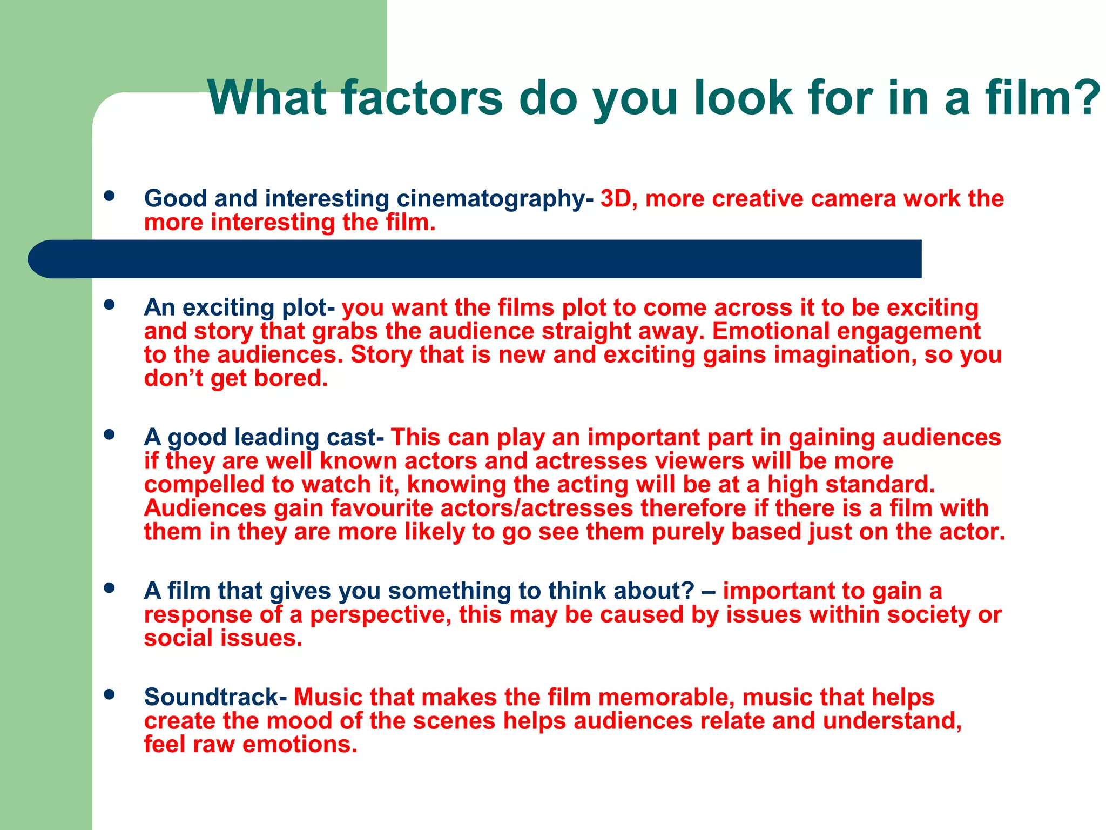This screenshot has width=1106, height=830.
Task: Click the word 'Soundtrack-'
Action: [215, 697]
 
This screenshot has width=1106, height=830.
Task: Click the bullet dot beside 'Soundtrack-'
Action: [110, 694]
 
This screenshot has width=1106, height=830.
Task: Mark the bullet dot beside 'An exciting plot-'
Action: [110, 305]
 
